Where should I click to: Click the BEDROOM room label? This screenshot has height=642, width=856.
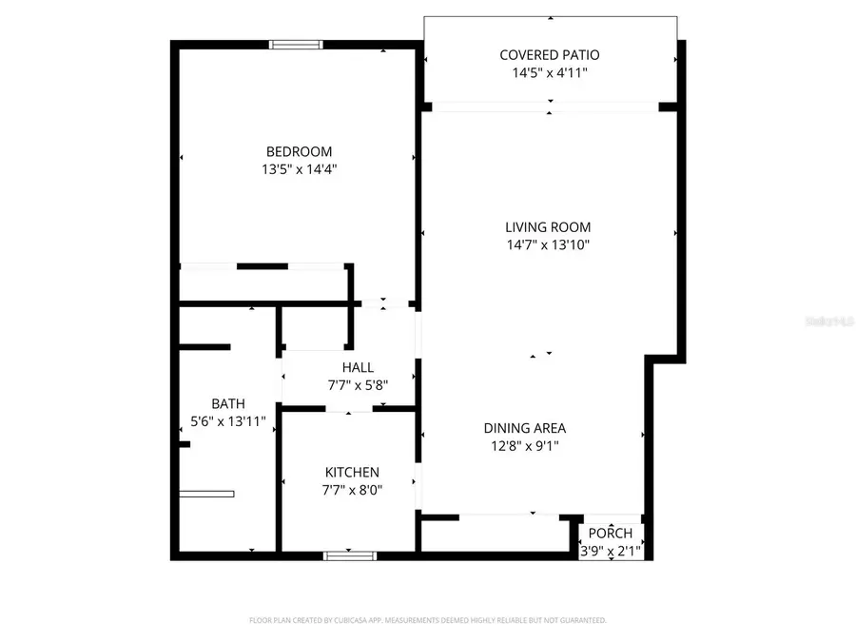(299, 151)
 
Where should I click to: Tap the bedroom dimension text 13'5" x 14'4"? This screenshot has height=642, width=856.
(299, 169)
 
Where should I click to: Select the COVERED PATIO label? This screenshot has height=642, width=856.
(550, 55)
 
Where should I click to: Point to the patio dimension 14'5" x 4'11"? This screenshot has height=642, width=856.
(550, 72)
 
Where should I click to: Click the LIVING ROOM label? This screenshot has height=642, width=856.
(548, 227)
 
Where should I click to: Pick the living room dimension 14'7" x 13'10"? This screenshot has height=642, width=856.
(548, 245)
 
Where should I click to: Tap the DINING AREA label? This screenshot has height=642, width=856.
(524, 428)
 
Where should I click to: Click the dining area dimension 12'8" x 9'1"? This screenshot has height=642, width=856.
(524, 445)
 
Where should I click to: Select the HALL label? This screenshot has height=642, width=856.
(358, 367)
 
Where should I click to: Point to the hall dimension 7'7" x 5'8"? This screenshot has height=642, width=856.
(358, 385)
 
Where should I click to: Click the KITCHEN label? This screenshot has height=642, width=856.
(352, 472)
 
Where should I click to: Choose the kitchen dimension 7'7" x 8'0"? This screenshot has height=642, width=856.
(352, 490)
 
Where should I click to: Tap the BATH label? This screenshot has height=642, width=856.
(228, 403)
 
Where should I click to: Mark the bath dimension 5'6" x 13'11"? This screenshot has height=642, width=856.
(228, 420)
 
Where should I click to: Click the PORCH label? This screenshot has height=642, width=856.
(611, 533)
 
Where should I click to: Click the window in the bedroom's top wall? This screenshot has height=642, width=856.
(296, 44)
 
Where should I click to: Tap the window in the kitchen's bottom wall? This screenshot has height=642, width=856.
(350, 554)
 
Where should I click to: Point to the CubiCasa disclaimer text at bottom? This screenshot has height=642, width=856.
(427, 620)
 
